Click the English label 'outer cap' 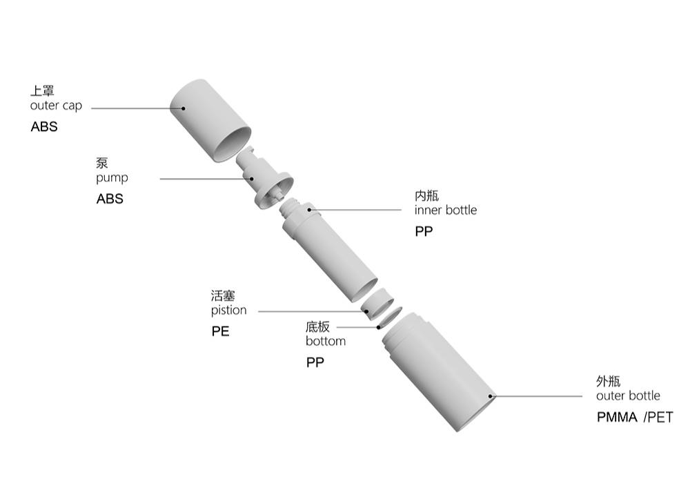pyautogui.click(x=56, y=106)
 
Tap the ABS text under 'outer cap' pyautogui.click(x=44, y=127)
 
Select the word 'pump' pyautogui.click(x=112, y=178)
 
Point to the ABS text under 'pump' pyautogui.click(x=110, y=199)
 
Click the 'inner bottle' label pyautogui.click(x=445, y=210)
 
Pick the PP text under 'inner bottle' pyautogui.click(x=424, y=231)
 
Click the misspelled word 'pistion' pyautogui.click(x=228, y=310)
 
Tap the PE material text pyautogui.click(x=220, y=331)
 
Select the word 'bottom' pyautogui.click(x=326, y=341)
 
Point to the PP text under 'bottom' pyautogui.click(x=315, y=362)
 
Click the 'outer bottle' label pyautogui.click(x=628, y=396)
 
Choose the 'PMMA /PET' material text pyautogui.click(x=635, y=417)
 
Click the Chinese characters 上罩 pyautogui.click(x=42, y=90)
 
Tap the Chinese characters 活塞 pyautogui.click(x=223, y=295)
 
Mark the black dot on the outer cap pyautogui.click(x=183, y=108)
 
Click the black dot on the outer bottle pyautogui.click(x=491, y=396)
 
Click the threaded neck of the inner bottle pyautogui.click(x=289, y=206)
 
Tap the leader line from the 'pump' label pyautogui.click(x=206, y=179)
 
